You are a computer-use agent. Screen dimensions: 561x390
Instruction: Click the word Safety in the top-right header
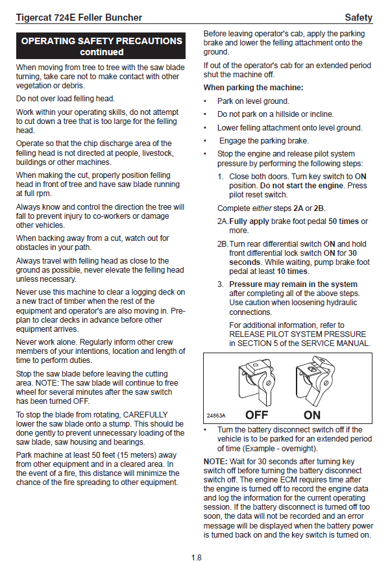pyautogui.click(x=358, y=17)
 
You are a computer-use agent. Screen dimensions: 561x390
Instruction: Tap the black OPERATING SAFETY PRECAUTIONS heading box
pyautogui.click(x=101, y=46)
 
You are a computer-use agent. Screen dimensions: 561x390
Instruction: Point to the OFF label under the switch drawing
pyautogui.click(x=257, y=415)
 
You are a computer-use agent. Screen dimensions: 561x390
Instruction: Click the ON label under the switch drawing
pyautogui.click(x=312, y=415)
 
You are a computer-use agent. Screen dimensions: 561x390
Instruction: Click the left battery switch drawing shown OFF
pyautogui.click(x=254, y=383)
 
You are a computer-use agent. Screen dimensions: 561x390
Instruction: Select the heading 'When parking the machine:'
pyautogui.click(x=253, y=88)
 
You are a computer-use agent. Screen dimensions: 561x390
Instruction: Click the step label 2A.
pyautogui.click(x=223, y=221)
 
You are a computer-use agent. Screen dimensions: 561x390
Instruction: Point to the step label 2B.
pyautogui.click(x=223, y=244)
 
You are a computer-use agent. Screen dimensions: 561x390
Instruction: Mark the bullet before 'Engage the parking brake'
pyautogui.click(x=206, y=141)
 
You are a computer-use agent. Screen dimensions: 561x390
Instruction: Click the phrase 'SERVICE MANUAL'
pyautogui.click(x=337, y=343)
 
